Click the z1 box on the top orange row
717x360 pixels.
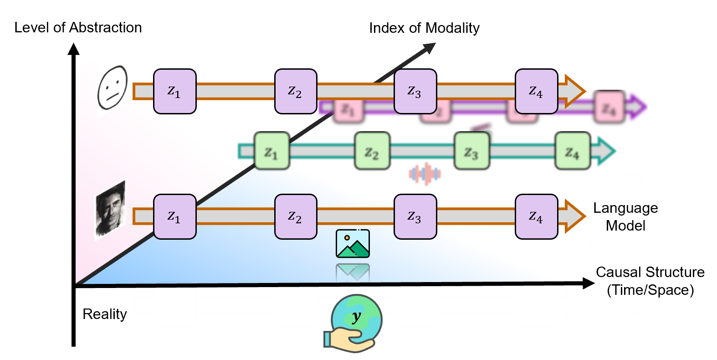coord(175,91)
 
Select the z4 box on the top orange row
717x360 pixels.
coord(536,91)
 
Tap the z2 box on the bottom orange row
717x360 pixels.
coord(296,216)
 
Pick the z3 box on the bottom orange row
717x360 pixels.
coord(415,216)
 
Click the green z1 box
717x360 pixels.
coord(271,151)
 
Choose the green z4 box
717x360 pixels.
coord(573,151)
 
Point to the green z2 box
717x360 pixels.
coord(372,151)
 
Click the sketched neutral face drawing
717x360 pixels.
coord(112,87)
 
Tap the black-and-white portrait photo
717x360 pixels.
coord(110,210)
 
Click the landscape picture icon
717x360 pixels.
coord(353,243)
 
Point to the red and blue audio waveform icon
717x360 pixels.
coord(425,174)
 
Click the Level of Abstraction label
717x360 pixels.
coord(78,28)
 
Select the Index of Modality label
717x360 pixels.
coord(424,28)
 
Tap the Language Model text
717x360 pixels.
coord(625,216)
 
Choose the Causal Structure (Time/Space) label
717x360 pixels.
coord(650,281)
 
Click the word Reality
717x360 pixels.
coord(104,314)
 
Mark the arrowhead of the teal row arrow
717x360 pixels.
coord(606,151)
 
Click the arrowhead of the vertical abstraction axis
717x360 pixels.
coord(73,48)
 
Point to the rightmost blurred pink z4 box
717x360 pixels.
coord(609,108)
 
